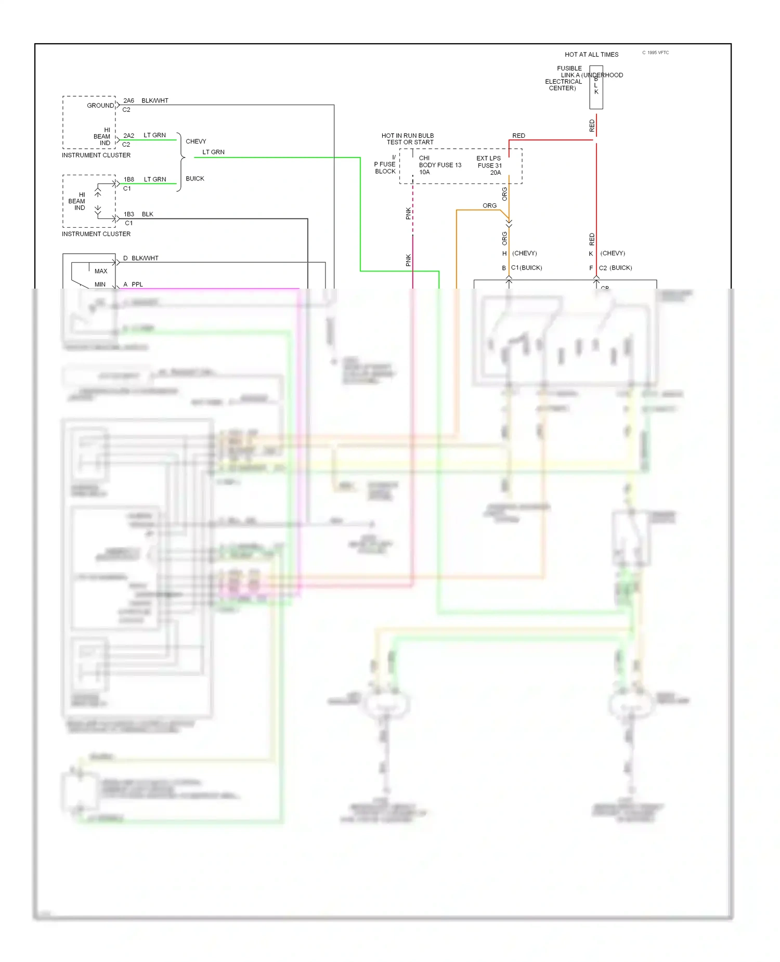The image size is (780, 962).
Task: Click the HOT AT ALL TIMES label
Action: [x=591, y=55]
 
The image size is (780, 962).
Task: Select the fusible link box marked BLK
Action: [x=596, y=87]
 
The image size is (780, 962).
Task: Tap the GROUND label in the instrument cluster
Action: [x=100, y=106]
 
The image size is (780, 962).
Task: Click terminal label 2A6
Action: [x=128, y=101]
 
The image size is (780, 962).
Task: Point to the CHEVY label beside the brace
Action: [x=196, y=141]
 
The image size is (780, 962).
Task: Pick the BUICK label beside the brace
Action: [x=195, y=179]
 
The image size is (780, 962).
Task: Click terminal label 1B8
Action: [x=129, y=179]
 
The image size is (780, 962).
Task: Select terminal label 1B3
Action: [x=129, y=214]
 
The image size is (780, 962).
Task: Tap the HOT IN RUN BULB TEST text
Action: [x=408, y=139]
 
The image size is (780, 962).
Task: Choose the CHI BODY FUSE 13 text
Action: [x=439, y=165]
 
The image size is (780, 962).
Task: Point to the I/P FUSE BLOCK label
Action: [x=385, y=164]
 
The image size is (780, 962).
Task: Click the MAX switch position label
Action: [x=101, y=271]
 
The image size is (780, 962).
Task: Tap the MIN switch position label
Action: [x=100, y=284]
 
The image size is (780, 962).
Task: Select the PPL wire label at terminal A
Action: [x=137, y=284]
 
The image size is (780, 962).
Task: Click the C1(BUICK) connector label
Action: [x=526, y=268]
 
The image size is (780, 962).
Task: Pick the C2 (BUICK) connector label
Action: [x=615, y=268]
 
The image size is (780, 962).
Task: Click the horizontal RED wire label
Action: [x=518, y=136]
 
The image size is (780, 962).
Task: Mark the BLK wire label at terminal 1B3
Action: [x=148, y=214]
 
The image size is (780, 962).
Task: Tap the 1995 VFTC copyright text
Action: [x=656, y=53]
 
